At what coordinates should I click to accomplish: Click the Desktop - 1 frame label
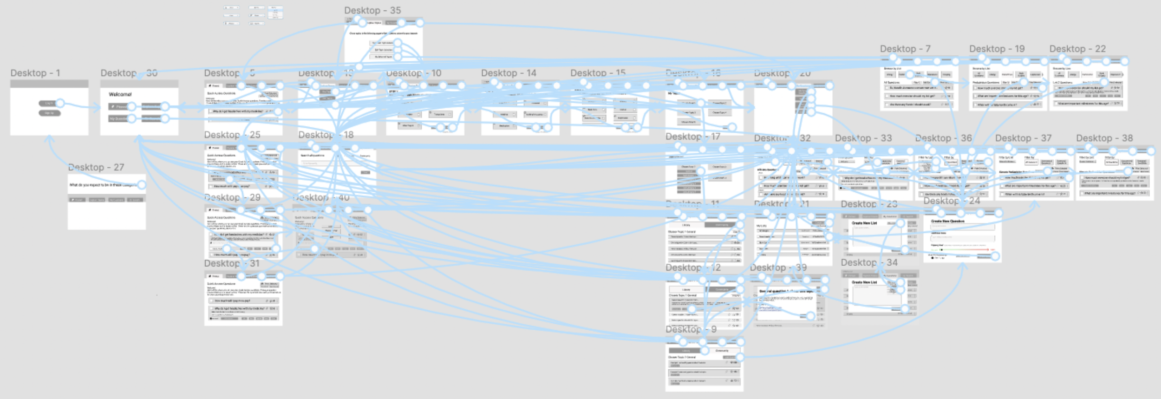[35, 73]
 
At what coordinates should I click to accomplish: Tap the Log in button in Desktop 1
[48, 103]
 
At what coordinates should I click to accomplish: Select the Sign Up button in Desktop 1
[49, 113]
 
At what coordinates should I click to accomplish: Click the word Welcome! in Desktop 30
[120, 94]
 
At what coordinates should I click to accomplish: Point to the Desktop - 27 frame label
[96, 167]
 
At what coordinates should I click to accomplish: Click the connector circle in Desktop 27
[142, 185]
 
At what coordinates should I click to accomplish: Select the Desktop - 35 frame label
[372, 10]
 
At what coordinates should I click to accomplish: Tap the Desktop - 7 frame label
[905, 49]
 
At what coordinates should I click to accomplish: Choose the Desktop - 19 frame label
[997, 49]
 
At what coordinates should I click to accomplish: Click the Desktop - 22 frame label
[1077, 49]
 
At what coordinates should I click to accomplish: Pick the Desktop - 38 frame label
[1104, 138]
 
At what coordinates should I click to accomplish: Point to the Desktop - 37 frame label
[1023, 138]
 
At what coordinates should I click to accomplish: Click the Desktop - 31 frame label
[232, 263]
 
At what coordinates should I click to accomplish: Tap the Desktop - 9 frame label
[691, 329]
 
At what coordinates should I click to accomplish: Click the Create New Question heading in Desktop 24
[947, 221]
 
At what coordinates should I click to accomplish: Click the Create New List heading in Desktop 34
[864, 282]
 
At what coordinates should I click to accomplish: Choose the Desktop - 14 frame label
[509, 73]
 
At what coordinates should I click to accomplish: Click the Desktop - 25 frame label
[232, 135]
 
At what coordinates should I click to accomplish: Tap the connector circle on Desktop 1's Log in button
[60, 103]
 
